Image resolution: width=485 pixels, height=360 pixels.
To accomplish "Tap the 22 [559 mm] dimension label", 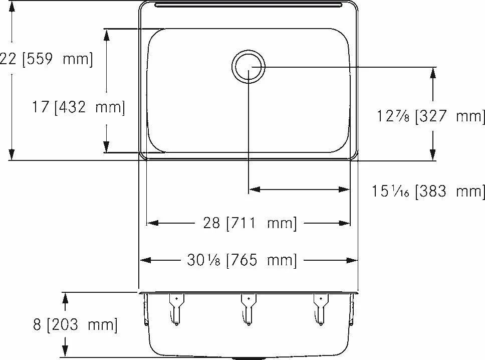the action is (47, 59).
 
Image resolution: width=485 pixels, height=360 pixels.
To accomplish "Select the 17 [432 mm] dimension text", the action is (79, 108).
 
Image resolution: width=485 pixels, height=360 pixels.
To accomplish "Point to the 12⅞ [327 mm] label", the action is (430, 116).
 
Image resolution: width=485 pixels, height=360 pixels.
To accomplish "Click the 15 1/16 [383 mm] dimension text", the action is (428, 191).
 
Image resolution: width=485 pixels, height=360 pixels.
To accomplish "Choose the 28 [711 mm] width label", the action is (250, 223).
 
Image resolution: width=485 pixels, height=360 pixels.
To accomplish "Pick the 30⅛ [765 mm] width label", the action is (241, 260).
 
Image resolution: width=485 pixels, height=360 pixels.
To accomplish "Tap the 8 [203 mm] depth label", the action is (76, 325).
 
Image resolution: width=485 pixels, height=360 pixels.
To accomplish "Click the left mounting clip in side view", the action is (176, 309).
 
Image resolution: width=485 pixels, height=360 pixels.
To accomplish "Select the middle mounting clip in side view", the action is (249, 309).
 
